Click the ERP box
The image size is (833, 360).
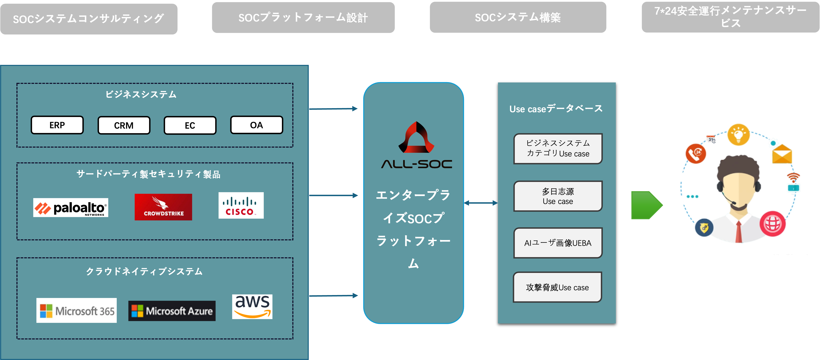pyautogui.click(x=57, y=125)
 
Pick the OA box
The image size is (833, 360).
pyautogui.click(x=256, y=125)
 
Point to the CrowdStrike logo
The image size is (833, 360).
pyautogui.click(x=163, y=207)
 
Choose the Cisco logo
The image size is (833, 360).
pyautogui.click(x=241, y=205)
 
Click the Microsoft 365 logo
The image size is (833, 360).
pyautogui.click(x=77, y=310)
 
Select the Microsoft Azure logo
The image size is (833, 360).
pyautogui.click(x=172, y=311)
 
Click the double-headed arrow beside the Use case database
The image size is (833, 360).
pyautogui.click(x=481, y=203)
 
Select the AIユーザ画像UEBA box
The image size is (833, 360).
pyautogui.click(x=558, y=243)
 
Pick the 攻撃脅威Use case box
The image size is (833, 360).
pyautogui.click(x=558, y=287)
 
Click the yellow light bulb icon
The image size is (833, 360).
pyautogui.click(x=739, y=135)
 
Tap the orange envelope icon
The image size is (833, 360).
pyautogui.click(x=782, y=154)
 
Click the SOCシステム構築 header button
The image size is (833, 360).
pyautogui.click(x=518, y=17)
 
